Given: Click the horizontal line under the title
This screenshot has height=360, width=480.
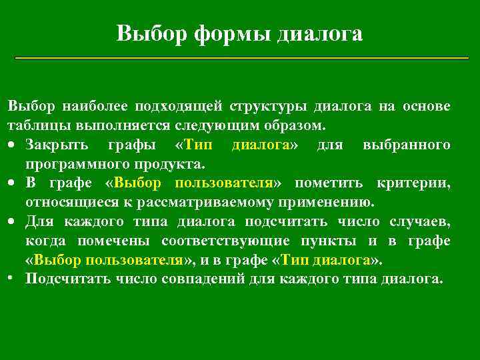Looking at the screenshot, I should click(241, 59).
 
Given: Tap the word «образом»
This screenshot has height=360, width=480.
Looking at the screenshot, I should click(299, 125).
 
